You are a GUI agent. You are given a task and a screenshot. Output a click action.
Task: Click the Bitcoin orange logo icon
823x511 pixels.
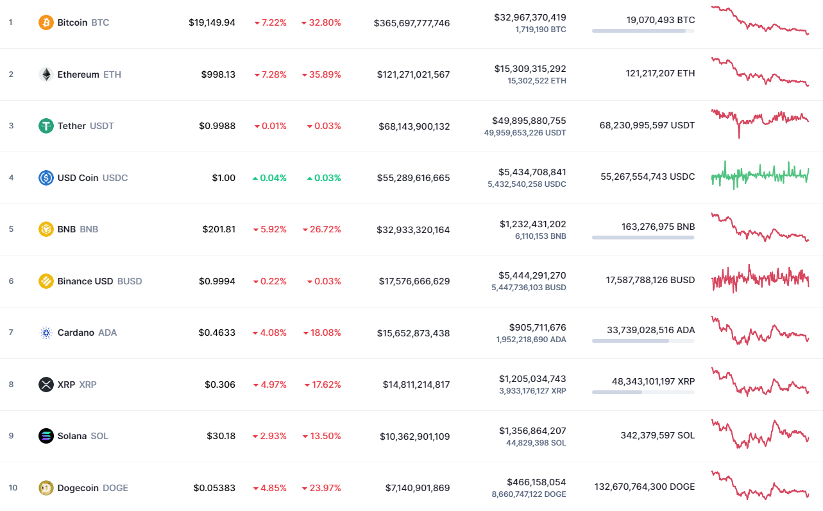[x=46, y=22]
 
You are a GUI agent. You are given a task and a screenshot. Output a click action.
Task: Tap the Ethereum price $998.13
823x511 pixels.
[x=217, y=74]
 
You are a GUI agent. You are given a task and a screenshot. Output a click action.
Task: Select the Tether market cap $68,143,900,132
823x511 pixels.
[x=413, y=126]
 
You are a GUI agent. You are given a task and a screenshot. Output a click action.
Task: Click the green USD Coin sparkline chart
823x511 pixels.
[x=759, y=175]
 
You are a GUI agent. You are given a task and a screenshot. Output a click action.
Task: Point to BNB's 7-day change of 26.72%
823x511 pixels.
[x=324, y=229]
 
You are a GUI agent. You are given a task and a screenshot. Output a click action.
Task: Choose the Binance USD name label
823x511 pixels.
[x=85, y=281]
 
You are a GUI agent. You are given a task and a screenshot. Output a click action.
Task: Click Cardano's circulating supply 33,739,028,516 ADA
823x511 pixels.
[x=650, y=330]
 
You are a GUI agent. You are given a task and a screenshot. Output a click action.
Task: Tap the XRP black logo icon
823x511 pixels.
[x=46, y=385]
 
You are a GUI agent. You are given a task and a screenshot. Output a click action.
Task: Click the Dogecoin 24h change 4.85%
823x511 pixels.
[x=273, y=488]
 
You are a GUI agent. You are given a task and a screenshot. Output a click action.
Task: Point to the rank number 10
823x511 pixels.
[x=13, y=488]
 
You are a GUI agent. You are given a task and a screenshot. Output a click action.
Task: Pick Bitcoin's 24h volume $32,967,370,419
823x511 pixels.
[x=530, y=17]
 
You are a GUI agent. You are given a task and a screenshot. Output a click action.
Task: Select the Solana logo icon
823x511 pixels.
[x=46, y=436]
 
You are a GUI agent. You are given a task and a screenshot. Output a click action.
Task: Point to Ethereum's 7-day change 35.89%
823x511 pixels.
[x=324, y=74]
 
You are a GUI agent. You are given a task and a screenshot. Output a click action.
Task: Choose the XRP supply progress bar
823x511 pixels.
[x=643, y=392]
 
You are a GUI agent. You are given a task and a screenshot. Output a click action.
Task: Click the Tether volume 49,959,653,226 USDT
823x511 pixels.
[x=525, y=133]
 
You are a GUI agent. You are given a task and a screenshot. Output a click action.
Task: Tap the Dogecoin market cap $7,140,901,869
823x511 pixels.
[x=417, y=488]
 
